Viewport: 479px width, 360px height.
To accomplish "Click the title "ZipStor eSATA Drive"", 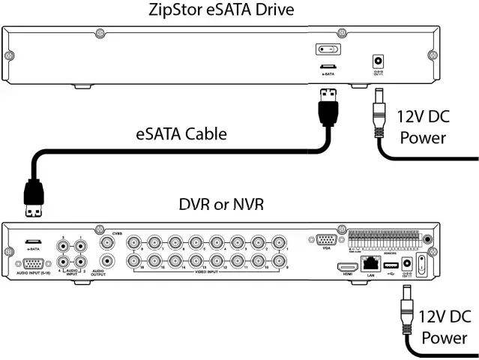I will [x=239, y=10].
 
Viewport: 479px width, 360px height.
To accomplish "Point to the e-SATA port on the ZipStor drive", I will [x=328, y=66].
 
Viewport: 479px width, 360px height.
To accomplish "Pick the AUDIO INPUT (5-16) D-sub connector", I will [x=33, y=263].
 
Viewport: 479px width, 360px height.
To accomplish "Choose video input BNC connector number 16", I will [x=134, y=262].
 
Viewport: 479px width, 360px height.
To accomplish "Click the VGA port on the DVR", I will [x=326, y=241].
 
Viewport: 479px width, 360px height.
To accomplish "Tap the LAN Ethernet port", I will [x=370, y=263].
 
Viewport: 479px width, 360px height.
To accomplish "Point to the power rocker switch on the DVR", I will [x=423, y=265].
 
